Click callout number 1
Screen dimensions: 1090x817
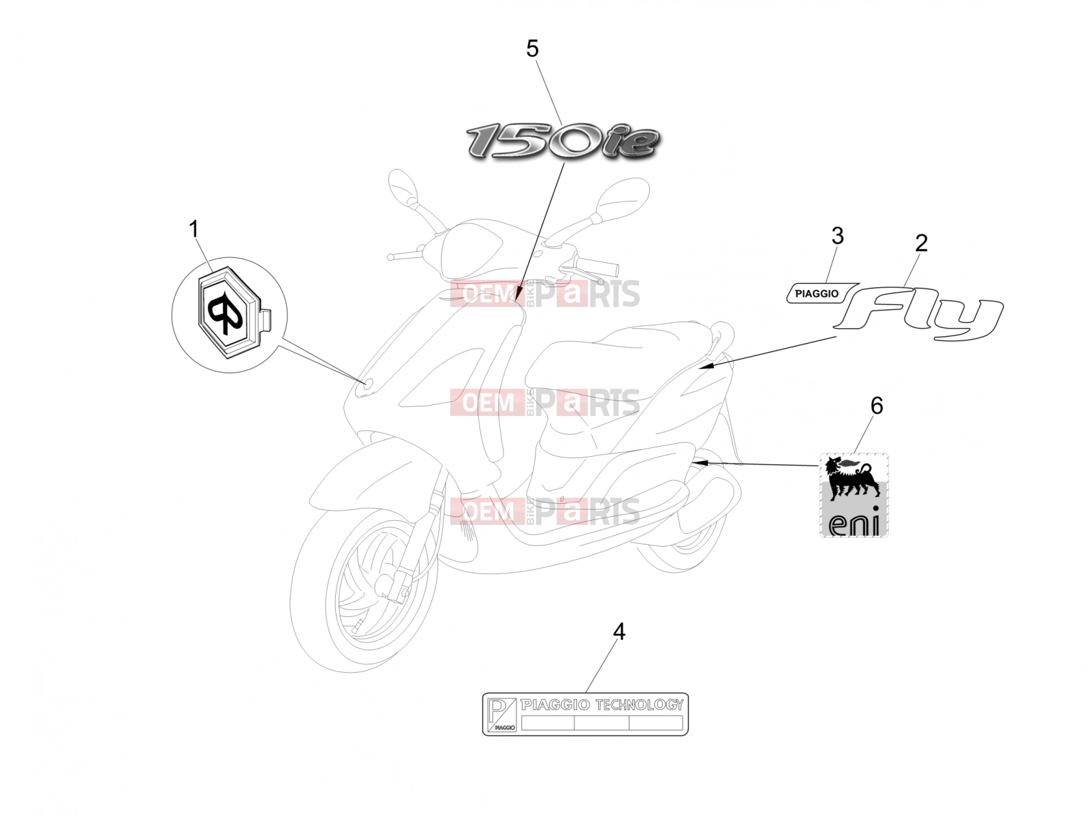pyautogui.click(x=193, y=229)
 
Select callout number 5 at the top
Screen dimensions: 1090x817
pyautogui.click(x=532, y=48)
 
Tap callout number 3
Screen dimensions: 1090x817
pyautogui.click(x=837, y=236)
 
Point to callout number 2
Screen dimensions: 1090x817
pyautogui.click(x=920, y=242)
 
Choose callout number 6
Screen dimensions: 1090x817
pyautogui.click(x=877, y=406)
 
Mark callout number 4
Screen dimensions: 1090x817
pyautogui.click(x=619, y=632)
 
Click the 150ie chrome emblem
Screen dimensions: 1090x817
pyautogui.click(x=563, y=142)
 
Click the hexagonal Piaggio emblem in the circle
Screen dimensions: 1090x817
pyautogui.click(x=230, y=313)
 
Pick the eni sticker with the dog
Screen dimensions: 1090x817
pyautogui.click(x=854, y=494)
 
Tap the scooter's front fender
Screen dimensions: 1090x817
pyautogui.click(x=373, y=471)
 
